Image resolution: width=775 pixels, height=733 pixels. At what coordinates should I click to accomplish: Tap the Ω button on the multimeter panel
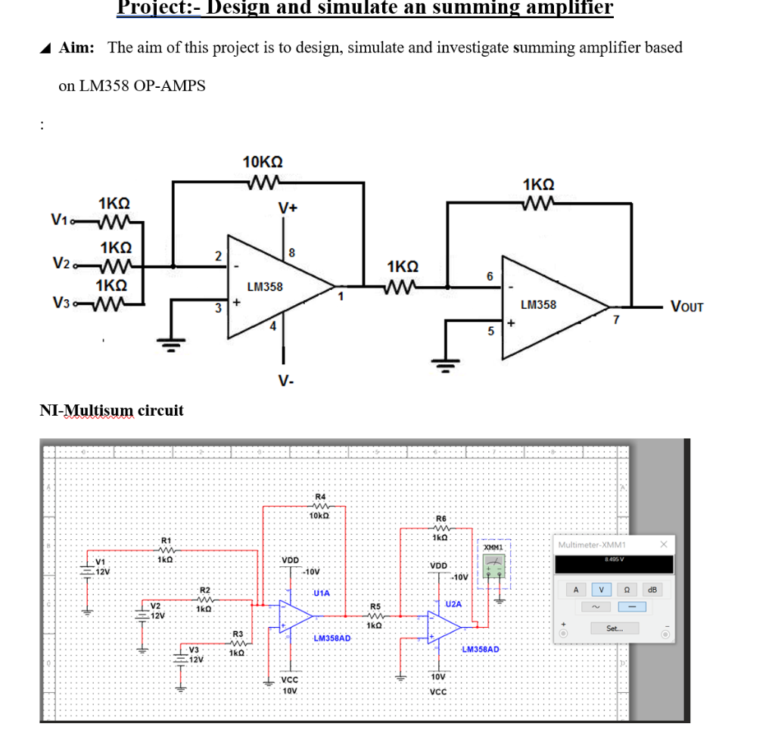pos(627,589)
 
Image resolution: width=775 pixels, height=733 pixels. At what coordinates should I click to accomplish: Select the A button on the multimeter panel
pos(576,589)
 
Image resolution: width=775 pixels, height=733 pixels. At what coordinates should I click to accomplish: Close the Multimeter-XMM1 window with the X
pos(663,544)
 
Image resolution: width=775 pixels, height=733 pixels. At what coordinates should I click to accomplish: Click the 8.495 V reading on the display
pos(613,560)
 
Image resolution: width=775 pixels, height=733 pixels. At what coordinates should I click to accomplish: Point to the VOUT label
pos(686,307)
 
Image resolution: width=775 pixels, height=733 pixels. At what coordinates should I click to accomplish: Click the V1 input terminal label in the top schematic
pos(63,220)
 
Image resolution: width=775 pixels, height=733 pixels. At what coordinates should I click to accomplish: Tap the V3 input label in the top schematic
pos(63,303)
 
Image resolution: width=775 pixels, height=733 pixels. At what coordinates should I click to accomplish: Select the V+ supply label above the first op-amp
pos(288,207)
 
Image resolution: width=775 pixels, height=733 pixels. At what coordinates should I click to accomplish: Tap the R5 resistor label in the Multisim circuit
pos(375,607)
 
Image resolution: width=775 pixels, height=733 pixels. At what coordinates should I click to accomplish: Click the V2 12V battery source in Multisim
pos(141,611)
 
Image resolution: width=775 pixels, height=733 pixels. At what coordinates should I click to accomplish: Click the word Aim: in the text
pos(76,48)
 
